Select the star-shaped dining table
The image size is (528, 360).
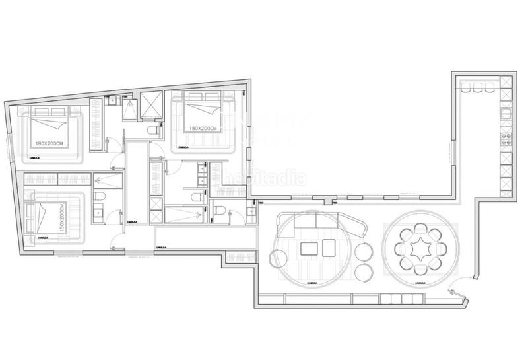click(x=421, y=250)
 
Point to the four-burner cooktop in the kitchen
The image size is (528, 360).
click(x=506, y=139)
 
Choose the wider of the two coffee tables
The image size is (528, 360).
click(x=309, y=249)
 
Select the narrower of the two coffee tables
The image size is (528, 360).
click(x=329, y=249)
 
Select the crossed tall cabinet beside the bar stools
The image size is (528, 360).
click(x=506, y=83)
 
